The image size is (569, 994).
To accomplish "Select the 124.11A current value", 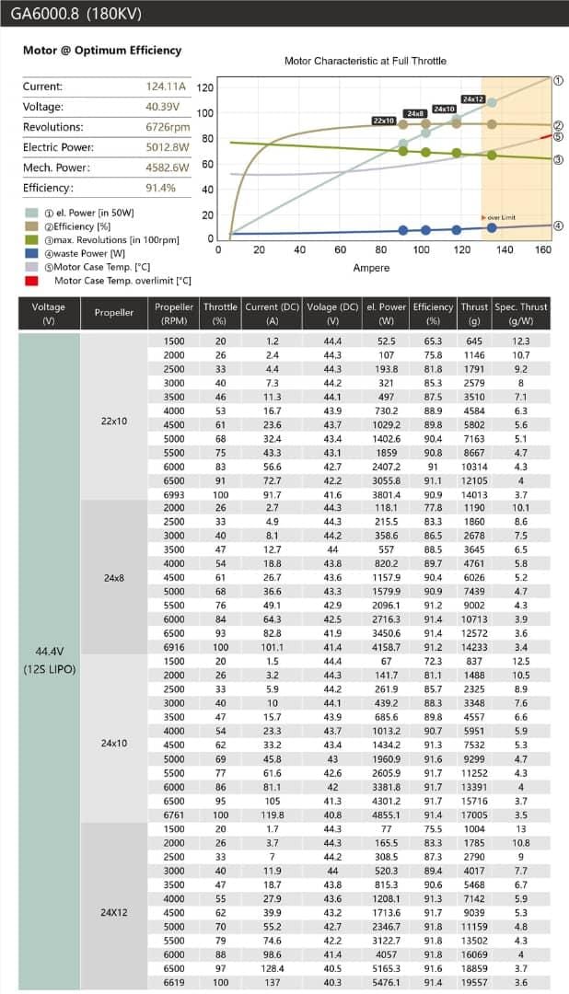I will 166,87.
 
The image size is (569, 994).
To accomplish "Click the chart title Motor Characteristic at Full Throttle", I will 366,61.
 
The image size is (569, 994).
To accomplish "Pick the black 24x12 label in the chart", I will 473,98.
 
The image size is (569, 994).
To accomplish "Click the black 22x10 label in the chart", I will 383,121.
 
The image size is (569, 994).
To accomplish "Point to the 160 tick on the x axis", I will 542,249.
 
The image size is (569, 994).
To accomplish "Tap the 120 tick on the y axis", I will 205,87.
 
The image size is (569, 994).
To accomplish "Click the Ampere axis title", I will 372,268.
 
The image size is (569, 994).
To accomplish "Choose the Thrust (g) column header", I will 474,313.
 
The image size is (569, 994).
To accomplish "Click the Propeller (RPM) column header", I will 174,313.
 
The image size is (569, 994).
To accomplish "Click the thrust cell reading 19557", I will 474,983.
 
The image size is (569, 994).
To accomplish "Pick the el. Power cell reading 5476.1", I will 386,983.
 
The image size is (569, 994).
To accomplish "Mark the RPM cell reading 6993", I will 174,495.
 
